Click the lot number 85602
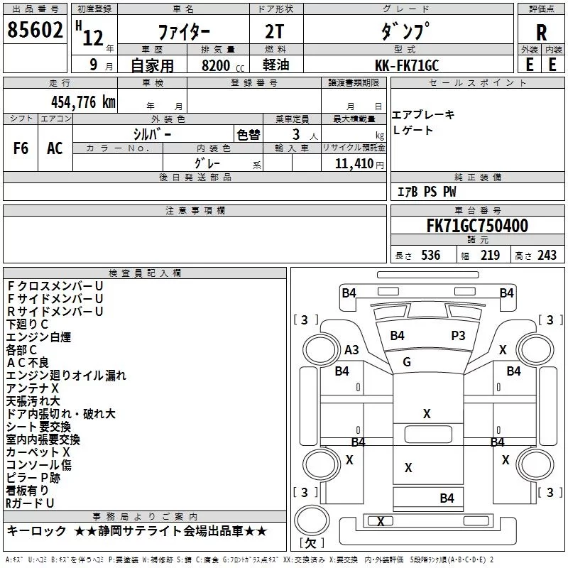point(35,30)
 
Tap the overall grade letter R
point(541,33)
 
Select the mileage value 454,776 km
point(83,102)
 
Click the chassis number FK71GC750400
point(477,226)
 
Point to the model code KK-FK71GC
point(407,65)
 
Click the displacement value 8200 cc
point(223,65)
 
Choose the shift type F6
point(21,148)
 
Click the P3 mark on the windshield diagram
point(458,336)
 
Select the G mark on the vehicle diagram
point(407,362)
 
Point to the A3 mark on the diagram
point(351,350)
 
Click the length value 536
point(431,256)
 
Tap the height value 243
point(547,256)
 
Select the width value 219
point(490,256)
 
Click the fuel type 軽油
point(276,65)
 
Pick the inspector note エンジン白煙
point(38,337)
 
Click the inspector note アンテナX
point(33,388)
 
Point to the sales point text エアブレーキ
point(423,115)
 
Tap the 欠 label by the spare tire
point(310,543)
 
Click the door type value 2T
point(275,32)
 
